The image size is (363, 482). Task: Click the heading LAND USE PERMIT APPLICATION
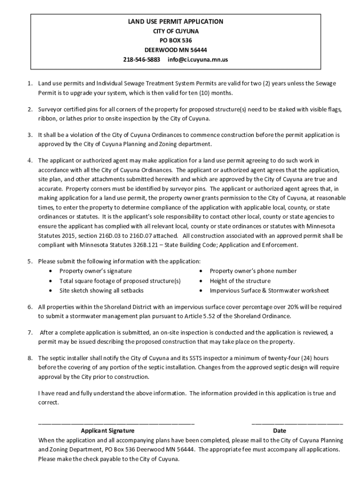(x=176, y=22)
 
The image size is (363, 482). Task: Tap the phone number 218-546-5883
(x=140, y=60)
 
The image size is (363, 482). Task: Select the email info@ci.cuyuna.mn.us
(x=198, y=60)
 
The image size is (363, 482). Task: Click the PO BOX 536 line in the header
(x=175, y=40)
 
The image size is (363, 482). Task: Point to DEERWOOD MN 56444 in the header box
(x=175, y=50)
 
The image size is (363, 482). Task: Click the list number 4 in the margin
(x=29, y=161)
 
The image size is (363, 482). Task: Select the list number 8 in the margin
(x=29, y=358)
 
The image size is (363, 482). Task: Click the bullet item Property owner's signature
(x=95, y=271)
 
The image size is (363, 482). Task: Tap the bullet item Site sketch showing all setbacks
(x=101, y=291)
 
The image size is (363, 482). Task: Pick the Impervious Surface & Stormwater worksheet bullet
(x=269, y=291)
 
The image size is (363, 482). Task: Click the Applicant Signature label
(x=107, y=431)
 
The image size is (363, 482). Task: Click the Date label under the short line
(x=279, y=431)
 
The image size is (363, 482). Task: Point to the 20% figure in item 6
(x=266, y=307)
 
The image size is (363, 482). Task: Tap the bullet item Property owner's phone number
(x=253, y=271)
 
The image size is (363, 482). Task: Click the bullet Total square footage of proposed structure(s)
(x=120, y=281)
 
